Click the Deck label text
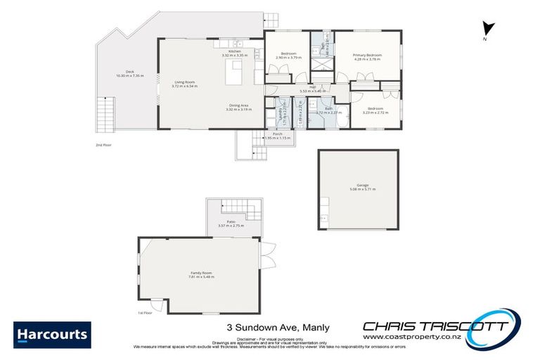pos(129,73)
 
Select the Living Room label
pos(186,84)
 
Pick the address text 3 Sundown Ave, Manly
pos(278,327)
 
